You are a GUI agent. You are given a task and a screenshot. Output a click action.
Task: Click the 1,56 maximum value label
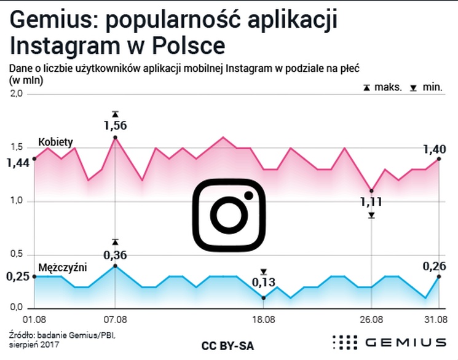pos(115,125)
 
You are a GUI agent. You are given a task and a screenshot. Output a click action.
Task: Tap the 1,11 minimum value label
pos(371,202)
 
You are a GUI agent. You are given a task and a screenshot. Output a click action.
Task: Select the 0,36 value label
pos(115,254)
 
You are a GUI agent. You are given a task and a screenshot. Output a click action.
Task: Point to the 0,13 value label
pos(264,283)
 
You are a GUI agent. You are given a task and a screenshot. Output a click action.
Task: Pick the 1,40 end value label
pos(434,149)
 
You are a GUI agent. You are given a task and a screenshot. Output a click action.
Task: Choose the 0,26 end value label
pos(434,266)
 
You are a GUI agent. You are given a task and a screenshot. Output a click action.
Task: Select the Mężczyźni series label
pos(62,267)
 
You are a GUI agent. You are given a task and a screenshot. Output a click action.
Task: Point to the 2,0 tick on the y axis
pos(15,94)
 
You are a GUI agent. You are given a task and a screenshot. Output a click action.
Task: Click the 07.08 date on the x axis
pos(115,319)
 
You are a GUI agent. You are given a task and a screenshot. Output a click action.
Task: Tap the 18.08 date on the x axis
pos(264,319)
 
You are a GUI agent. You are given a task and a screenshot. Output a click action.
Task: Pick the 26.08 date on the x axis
pos(371,319)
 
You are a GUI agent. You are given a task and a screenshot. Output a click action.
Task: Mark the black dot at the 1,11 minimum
pos(371,190)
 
